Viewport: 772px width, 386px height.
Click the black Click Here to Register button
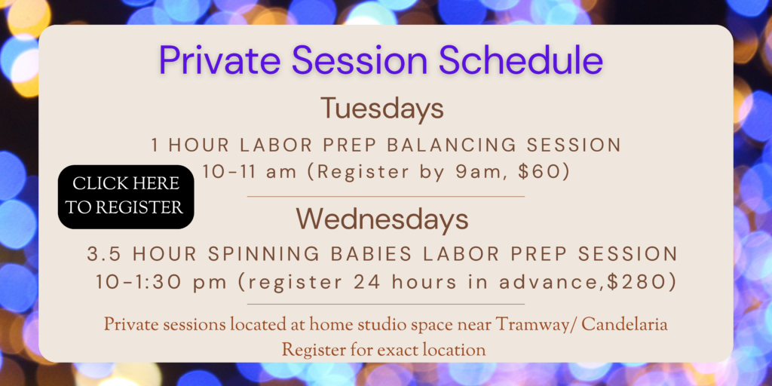click(x=126, y=197)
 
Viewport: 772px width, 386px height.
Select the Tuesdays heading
click(x=382, y=109)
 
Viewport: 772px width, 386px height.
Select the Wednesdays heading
click(x=382, y=220)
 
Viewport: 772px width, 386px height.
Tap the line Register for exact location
click(x=384, y=350)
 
